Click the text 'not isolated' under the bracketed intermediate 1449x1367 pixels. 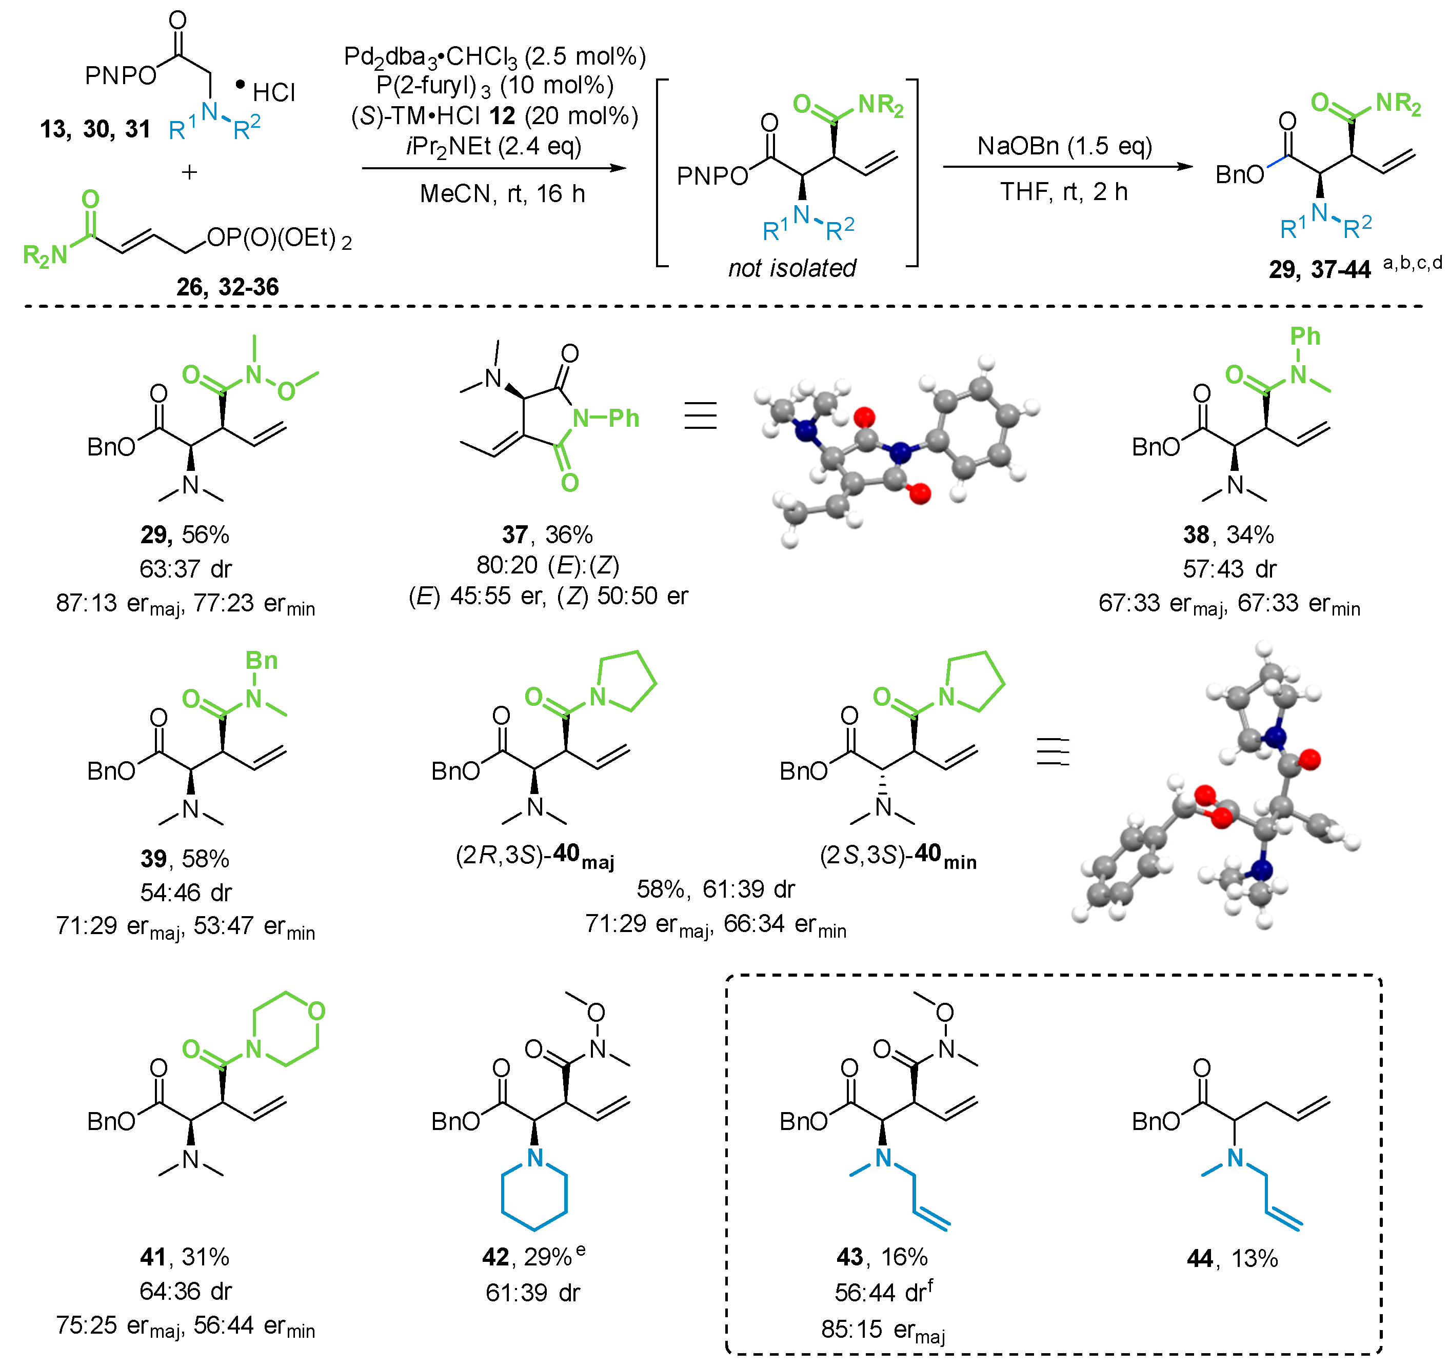tap(792, 268)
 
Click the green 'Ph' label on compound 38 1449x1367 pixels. tap(1305, 336)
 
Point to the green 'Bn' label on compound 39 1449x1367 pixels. tap(261, 661)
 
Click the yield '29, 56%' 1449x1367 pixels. tap(185, 534)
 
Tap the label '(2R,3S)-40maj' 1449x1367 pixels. tap(534, 855)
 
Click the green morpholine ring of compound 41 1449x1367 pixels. tap(286, 1029)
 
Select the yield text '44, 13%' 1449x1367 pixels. tap(1232, 1258)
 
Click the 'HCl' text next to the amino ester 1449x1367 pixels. tap(273, 93)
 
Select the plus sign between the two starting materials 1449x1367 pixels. tap(189, 172)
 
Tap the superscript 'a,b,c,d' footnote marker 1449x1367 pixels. tap(1412, 263)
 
